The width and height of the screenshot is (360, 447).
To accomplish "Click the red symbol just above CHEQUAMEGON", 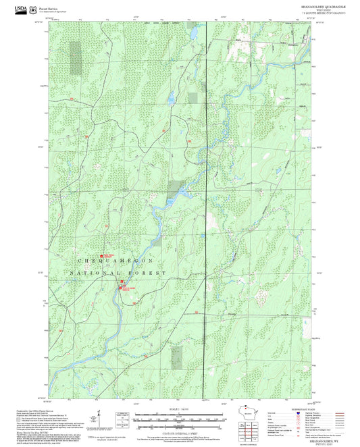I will (103, 255).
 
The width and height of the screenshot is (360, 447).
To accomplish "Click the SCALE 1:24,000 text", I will (179, 410).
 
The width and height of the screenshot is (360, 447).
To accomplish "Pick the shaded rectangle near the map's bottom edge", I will (176, 357).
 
